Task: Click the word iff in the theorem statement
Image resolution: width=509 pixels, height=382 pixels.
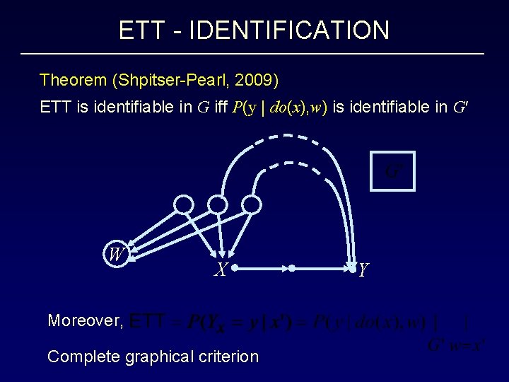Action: [x=221, y=108]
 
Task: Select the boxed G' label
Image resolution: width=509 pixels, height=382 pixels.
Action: [x=392, y=171]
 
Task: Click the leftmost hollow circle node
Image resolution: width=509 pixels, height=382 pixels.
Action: [x=184, y=205]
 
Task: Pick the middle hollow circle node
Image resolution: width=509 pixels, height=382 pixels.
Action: [x=218, y=205]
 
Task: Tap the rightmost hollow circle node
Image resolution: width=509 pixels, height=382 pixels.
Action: [x=252, y=205]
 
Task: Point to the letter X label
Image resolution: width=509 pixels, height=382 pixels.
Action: [x=221, y=270]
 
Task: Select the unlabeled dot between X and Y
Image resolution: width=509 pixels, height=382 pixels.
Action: [x=291, y=268]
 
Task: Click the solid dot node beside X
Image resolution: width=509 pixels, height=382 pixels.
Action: [x=235, y=268]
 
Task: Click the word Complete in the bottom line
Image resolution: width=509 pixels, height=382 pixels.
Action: [x=83, y=357]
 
